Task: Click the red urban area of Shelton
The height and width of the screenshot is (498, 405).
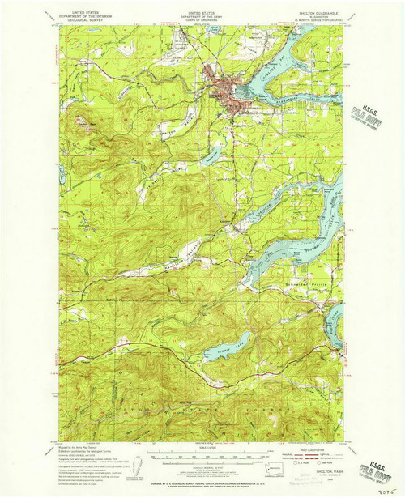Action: [x=226, y=89]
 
